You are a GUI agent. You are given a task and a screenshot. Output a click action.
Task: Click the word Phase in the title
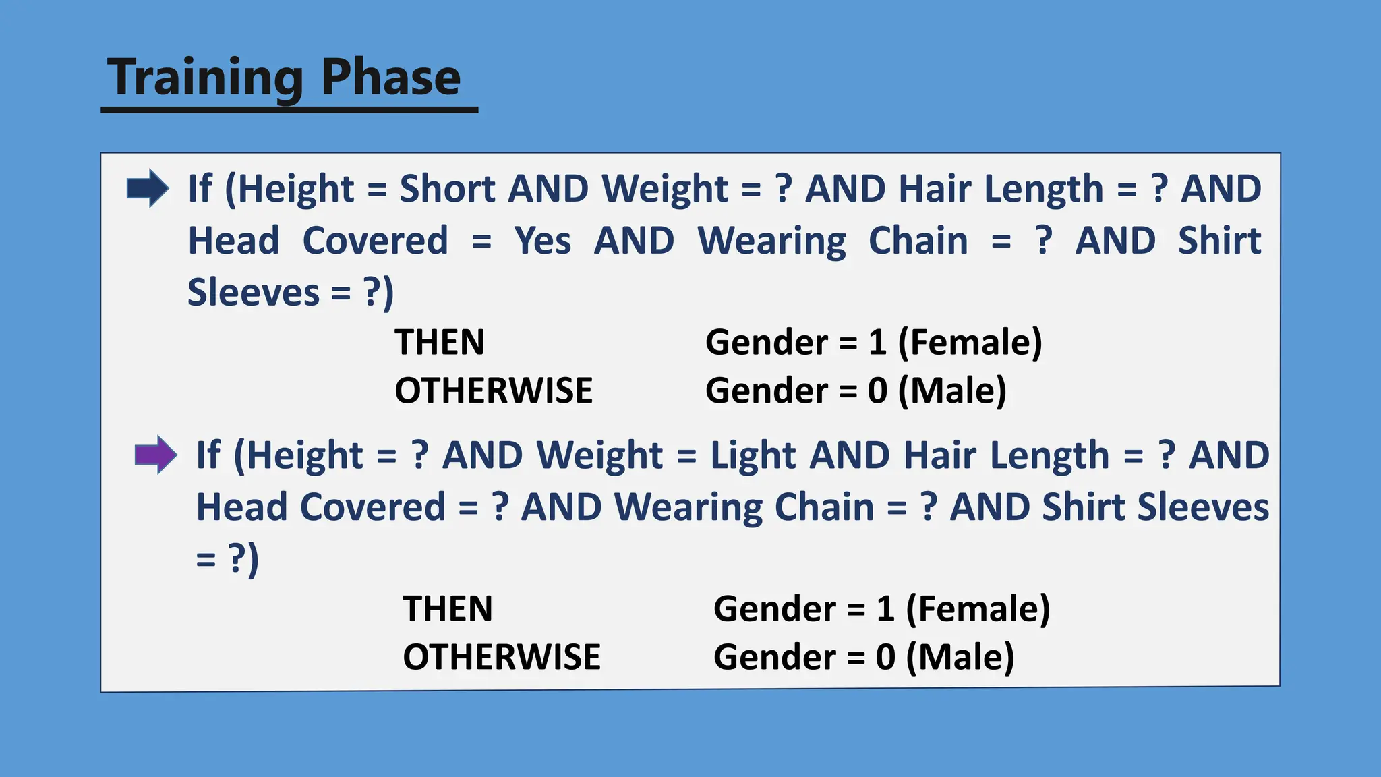point(390,77)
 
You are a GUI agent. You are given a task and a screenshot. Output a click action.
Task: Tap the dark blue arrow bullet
point(148,188)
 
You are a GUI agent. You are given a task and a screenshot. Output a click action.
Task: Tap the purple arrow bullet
point(156,455)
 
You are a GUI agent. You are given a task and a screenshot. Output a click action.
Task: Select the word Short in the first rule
point(448,188)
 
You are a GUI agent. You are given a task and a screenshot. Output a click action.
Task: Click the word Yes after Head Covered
point(542,241)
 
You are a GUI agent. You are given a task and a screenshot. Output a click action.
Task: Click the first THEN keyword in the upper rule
point(439,342)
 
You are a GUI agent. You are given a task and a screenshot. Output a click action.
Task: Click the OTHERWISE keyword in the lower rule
point(501,657)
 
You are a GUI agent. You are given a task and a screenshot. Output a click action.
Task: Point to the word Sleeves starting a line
point(253,293)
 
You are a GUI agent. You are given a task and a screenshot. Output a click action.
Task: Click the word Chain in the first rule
point(918,241)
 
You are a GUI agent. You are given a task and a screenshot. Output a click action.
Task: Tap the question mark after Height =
point(419,455)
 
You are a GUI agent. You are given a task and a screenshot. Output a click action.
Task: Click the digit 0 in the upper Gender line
point(877,391)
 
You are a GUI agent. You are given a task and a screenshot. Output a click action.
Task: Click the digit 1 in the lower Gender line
point(885,609)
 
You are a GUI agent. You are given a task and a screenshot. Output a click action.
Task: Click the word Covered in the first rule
point(375,241)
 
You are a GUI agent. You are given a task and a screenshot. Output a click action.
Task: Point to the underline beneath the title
point(289,109)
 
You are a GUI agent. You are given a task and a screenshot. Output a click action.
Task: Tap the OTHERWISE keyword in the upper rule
point(493,391)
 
